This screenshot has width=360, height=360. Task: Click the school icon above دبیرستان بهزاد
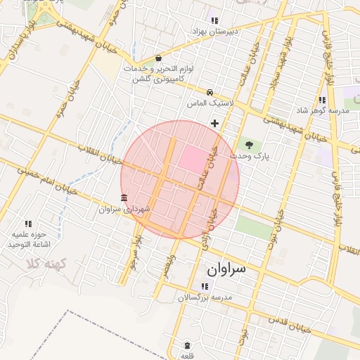(214, 21)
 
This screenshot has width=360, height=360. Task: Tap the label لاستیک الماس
(210, 103)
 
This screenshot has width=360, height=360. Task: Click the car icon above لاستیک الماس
(210, 92)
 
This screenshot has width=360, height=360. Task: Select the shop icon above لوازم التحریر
(158, 58)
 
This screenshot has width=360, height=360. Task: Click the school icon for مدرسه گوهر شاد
(322, 101)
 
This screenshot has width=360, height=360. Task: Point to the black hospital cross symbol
(214, 124)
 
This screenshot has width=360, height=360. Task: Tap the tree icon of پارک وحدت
(249, 145)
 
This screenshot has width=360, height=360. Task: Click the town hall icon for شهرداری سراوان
(124, 198)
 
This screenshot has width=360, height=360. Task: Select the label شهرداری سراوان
(124, 209)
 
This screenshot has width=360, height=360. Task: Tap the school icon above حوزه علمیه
(28, 223)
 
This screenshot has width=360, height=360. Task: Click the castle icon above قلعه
(187, 345)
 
